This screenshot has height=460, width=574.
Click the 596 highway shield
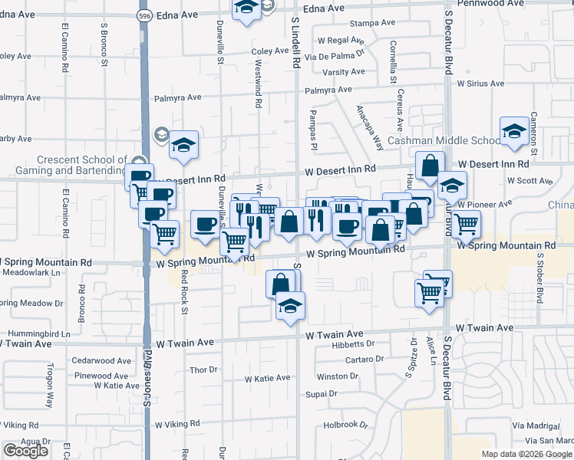pyautogui.click(x=143, y=15)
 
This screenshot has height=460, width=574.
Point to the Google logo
pyautogui.click(x=25, y=451)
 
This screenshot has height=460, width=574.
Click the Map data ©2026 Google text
pyautogui.click(x=526, y=454)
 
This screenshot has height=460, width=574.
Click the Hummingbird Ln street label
pyautogui.click(x=38, y=334)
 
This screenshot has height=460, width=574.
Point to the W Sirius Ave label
pyautogui.click(x=480, y=84)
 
